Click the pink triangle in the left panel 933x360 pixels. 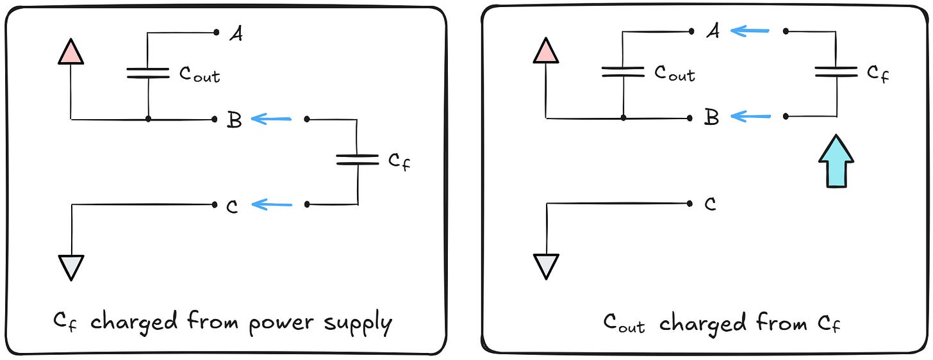pos(70,51)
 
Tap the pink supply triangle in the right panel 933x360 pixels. pos(545,51)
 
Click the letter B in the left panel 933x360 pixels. pos(234,120)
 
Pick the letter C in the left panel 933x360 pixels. pos(233,206)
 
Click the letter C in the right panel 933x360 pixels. pos(709,204)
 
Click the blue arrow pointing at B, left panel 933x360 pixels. pos(272,119)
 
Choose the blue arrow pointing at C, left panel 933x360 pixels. pos(272,204)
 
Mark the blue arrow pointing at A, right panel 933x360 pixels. pos(750,29)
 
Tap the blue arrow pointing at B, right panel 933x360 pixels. pos(750,117)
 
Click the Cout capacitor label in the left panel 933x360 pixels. pos(199,74)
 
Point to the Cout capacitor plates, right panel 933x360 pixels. pos(623,72)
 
